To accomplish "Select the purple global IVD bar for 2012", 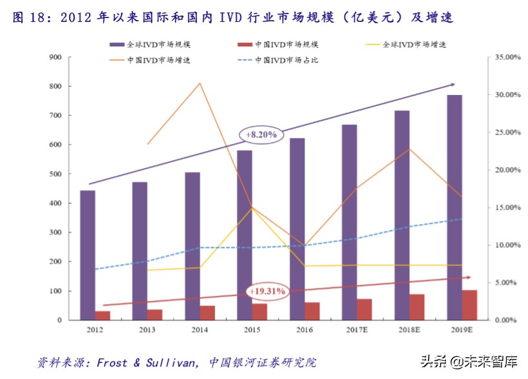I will click(x=88, y=254).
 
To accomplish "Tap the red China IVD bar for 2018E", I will click(x=417, y=307).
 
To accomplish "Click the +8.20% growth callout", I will click(x=261, y=134).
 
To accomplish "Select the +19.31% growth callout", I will click(x=266, y=292).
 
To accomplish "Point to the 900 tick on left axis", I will click(x=56, y=57).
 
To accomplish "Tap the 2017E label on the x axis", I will click(x=357, y=330).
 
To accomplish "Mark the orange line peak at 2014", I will click(x=200, y=83).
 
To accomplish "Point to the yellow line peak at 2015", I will click(x=252, y=207).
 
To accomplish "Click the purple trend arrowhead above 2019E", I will click(x=452, y=84).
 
